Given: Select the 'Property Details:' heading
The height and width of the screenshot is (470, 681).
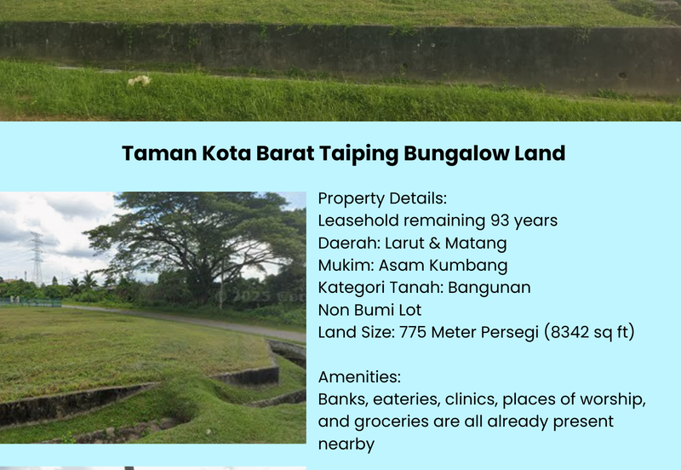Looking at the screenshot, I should coord(381,198).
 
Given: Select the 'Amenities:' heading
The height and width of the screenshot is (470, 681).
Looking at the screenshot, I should coord(359,376).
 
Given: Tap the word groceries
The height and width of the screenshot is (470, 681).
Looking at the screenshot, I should coord(388,421).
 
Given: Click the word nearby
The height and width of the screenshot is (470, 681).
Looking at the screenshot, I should coord(346,444).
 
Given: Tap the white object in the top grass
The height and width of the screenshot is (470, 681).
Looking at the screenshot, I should coord(139,81).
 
